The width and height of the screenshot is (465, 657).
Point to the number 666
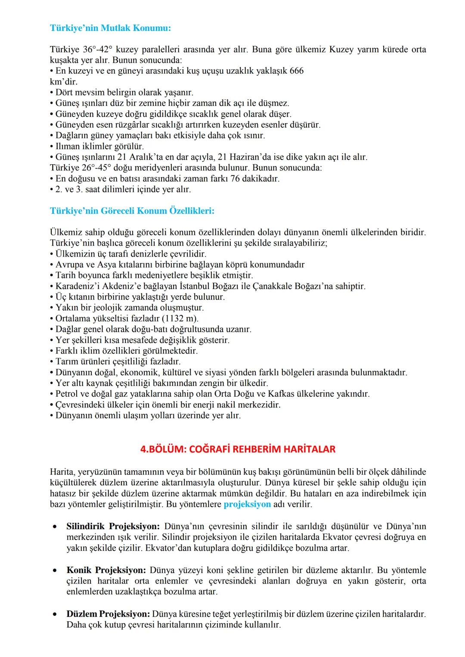[x=296, y=71]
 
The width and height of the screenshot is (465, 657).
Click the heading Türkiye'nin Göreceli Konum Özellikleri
[x=132, y=211]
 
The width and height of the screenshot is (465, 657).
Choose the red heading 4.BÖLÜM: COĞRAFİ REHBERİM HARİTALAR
[x=238, y=449]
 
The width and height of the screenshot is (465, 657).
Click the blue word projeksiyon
[x=247, y=504]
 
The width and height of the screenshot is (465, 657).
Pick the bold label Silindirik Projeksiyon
[x=113, y=526]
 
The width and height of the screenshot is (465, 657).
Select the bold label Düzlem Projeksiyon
[x=108, y=614]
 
